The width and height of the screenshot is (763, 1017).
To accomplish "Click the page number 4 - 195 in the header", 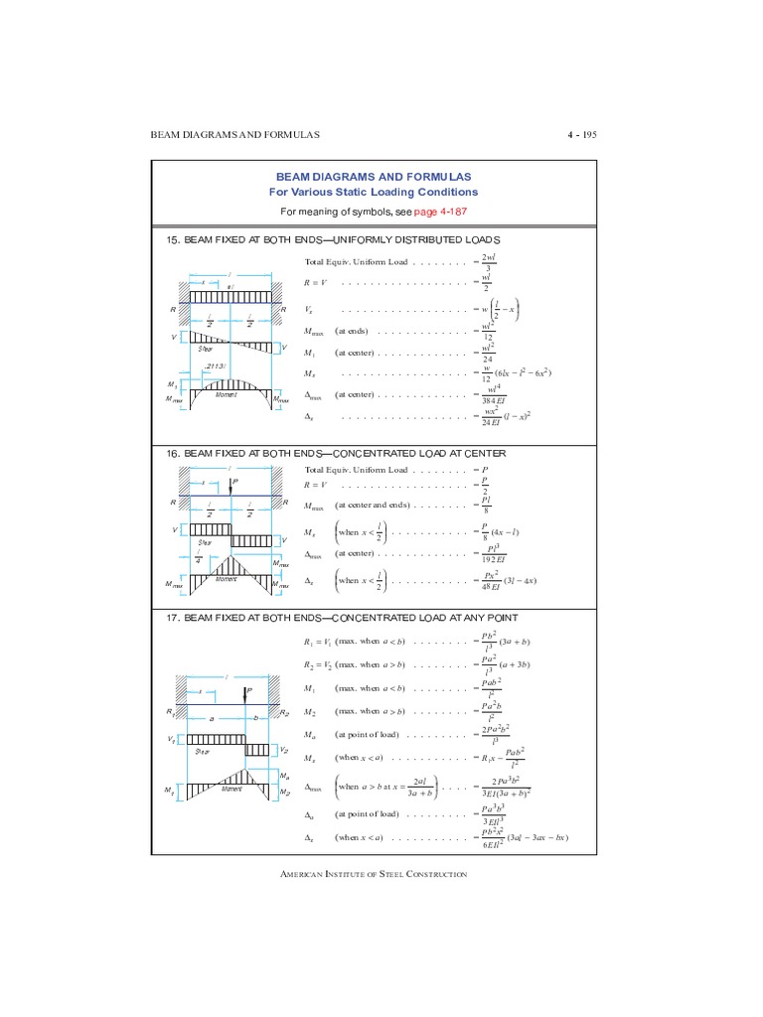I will click(x=578, y=135).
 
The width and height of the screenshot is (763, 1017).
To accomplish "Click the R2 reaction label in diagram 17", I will click(x=284, y=713).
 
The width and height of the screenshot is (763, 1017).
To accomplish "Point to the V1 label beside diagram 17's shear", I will click(x=172, y=740).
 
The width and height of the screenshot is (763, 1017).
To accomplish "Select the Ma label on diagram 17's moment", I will click(x=283, y=775).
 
